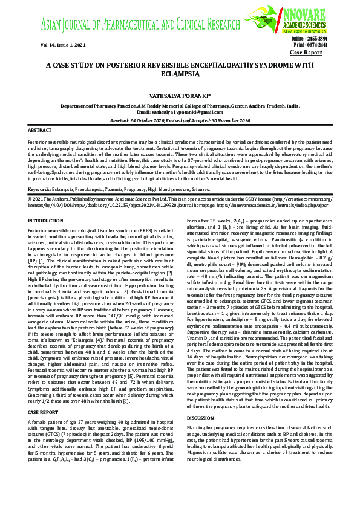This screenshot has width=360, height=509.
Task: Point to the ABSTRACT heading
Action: tap(40, 130)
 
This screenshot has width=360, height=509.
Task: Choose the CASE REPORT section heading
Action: tap(44, 412)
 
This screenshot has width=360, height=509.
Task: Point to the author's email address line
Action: tap(180, 112)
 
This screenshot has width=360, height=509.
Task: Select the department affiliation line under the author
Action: tap(180, 105)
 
